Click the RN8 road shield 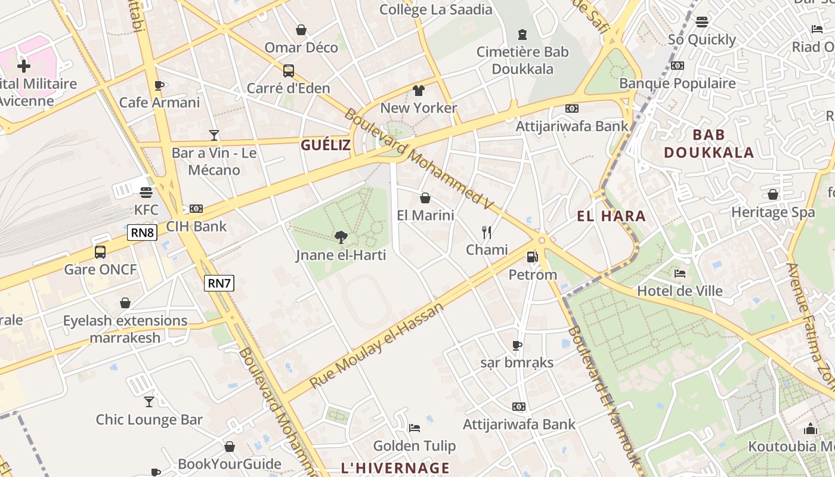point(142,233)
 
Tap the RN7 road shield point(219,283)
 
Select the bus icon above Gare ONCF point(100,252)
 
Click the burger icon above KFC point(146,193)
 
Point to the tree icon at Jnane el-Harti point(341,238)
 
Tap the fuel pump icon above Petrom point(532,257)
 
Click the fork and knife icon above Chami point(487,233)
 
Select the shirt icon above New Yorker point(418,91)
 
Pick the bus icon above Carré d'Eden point(288,71)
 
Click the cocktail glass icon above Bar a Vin point(214,135)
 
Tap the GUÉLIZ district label point(326,145)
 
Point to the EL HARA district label point(611,216)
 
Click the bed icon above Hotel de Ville point(679,274)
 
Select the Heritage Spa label point(773,212)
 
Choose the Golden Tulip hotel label point(415,445)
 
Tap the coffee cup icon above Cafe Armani point(159,85)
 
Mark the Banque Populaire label point(678,83)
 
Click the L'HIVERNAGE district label point(395,467)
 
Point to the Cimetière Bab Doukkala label point(523,60)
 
